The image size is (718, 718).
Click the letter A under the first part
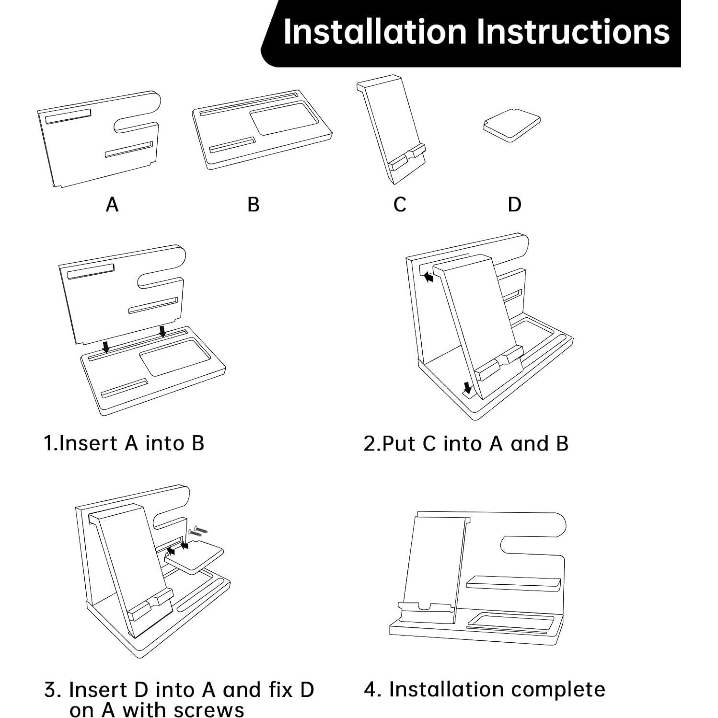point(112,205)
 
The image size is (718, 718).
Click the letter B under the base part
point(254,205)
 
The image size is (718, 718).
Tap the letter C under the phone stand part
point(400,205)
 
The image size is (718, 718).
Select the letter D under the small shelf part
point(514,205)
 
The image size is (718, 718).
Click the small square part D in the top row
point(511,125)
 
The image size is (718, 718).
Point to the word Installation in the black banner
point(375,32)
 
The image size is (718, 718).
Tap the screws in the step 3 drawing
point(198,530)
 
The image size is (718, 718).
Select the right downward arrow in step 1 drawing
point(162,331)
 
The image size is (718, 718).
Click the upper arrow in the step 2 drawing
point(428,277)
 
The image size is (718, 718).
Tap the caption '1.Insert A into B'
point(124,443)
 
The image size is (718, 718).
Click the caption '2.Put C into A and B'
point(466,443)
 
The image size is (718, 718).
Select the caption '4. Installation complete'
point(485,690)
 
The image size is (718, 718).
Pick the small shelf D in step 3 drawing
point(194,557)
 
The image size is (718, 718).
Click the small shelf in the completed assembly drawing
point(513,583)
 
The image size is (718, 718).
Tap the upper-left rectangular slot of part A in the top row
point(68,116)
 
